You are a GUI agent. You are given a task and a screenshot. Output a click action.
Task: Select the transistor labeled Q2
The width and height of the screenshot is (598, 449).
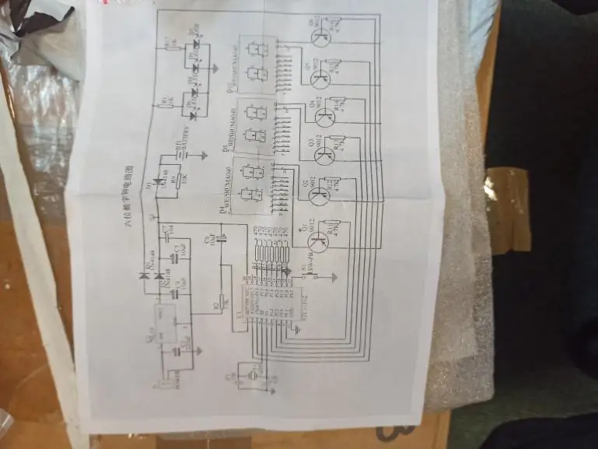tap(318, 195)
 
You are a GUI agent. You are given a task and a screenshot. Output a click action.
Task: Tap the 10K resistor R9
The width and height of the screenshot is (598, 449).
tap(180, 181)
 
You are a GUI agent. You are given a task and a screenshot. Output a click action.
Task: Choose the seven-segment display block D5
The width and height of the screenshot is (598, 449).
tap(256, 124)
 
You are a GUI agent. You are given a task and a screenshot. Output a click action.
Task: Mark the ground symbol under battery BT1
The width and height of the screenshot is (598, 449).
tap(204, 153)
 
